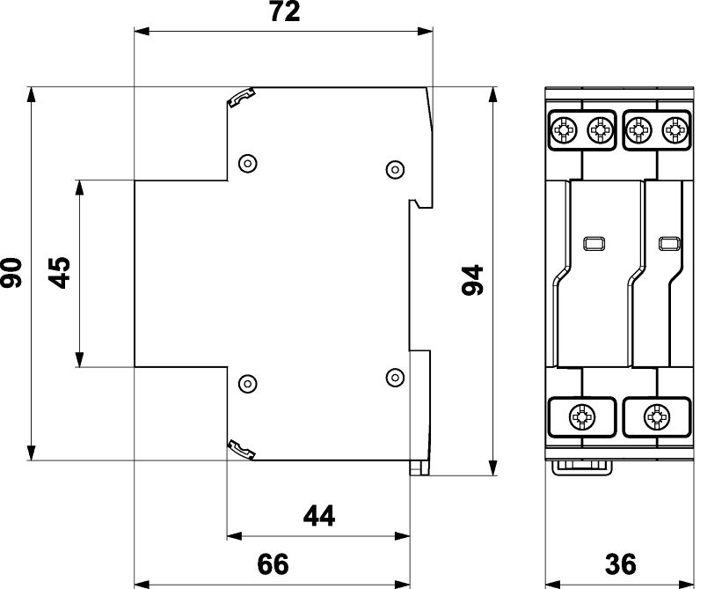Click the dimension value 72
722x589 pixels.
point(285,11)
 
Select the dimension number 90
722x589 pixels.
point(11,273)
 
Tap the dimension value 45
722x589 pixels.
point(60,273)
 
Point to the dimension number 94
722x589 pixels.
point(472,280)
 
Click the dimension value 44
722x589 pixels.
point(319,516)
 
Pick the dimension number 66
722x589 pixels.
point(273,564)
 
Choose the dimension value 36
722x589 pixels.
point(621,564)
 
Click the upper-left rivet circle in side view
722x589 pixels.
point(248,163)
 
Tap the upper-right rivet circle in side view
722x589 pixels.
point(395,170)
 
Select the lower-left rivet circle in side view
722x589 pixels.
point(248,384)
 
